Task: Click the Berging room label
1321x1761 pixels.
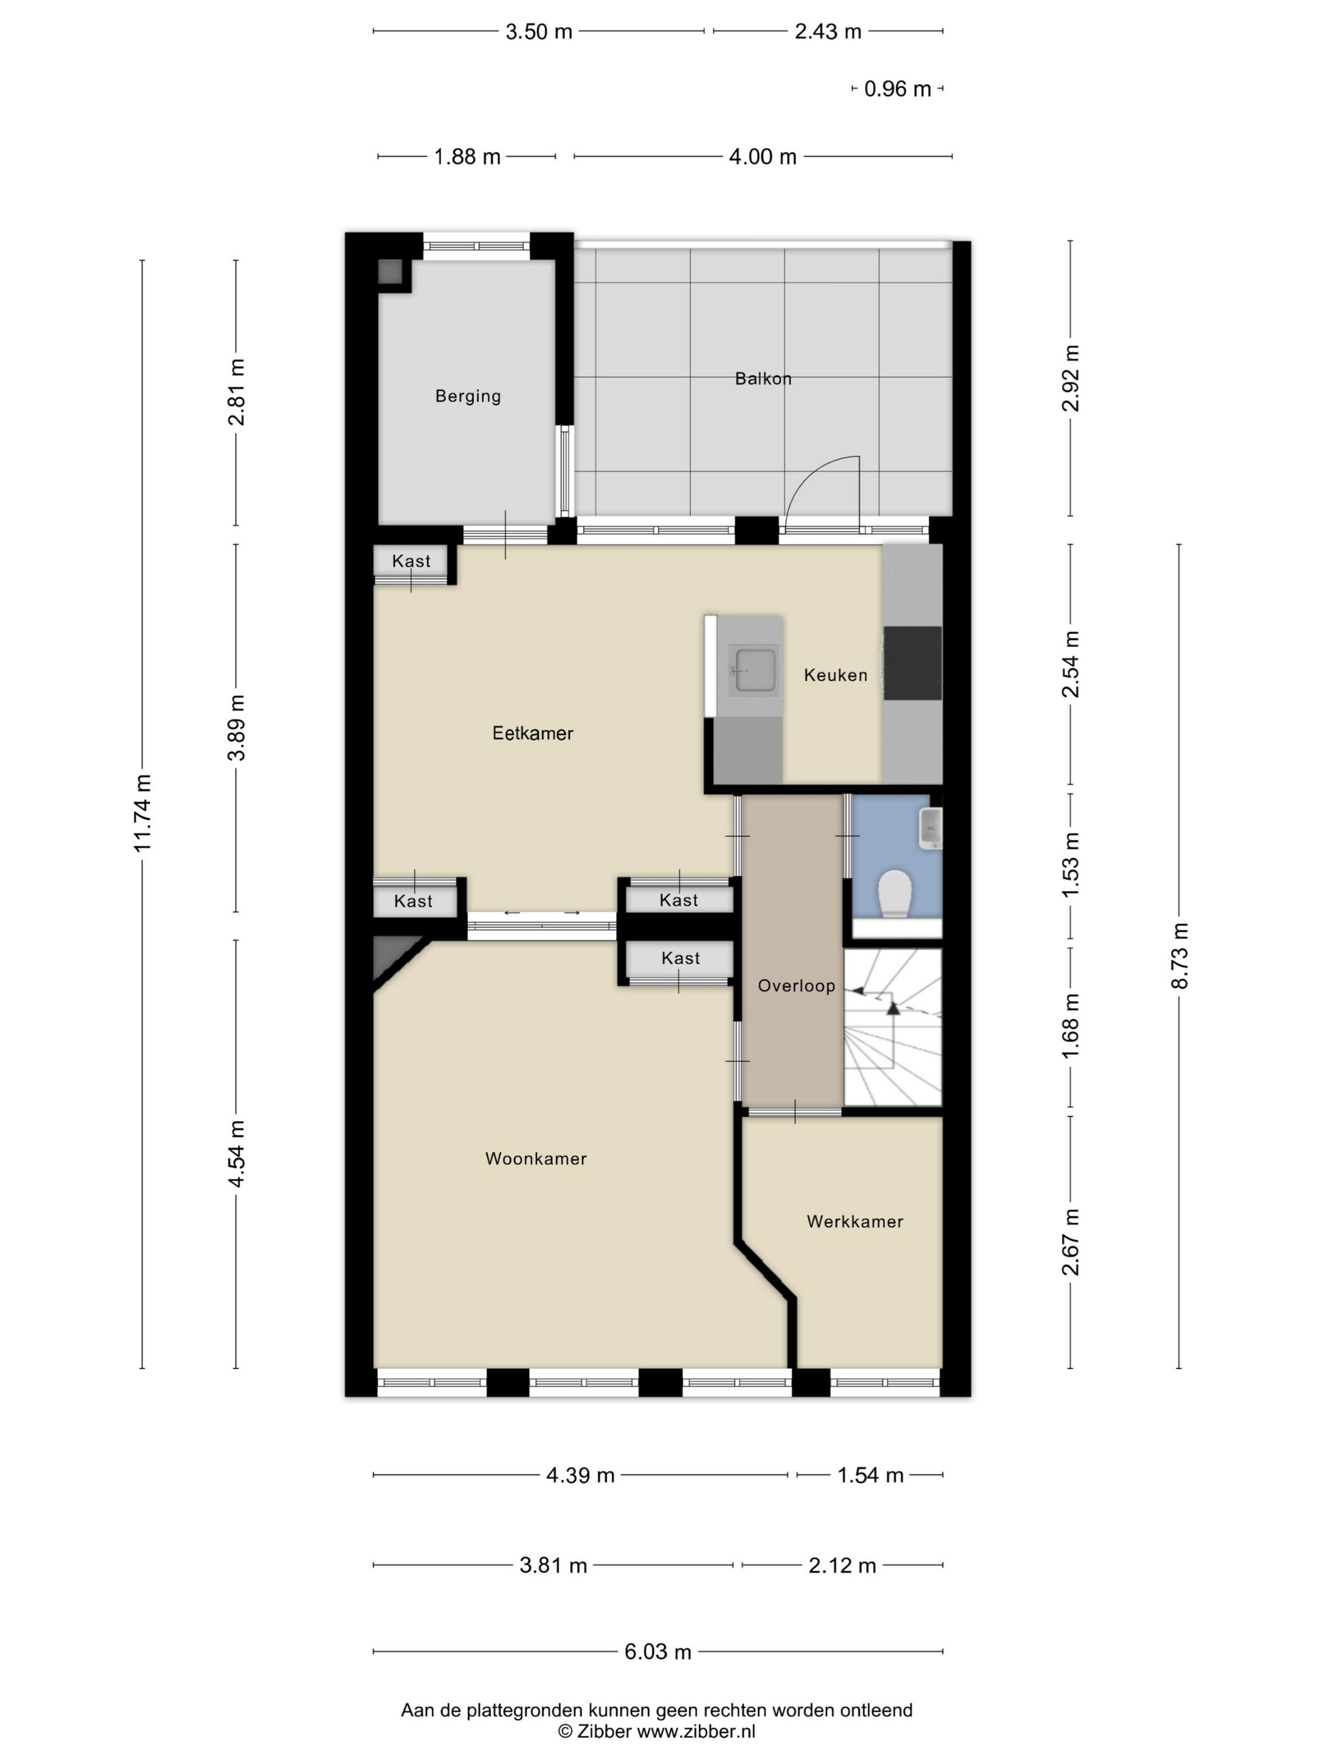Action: point(467,396)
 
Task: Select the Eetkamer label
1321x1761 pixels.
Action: point(532,733)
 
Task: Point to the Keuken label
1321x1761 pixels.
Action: point(835,675)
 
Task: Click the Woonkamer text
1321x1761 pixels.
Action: point(536,1158)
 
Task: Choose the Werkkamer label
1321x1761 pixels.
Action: point(854,1221)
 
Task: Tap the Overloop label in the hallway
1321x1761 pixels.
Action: point(796,986)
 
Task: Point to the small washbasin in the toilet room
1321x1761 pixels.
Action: point(930,829)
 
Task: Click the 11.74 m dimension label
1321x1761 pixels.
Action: point(143,813)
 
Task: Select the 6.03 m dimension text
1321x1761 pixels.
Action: point(658,1652)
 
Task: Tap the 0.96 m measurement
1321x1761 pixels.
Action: point(898,89)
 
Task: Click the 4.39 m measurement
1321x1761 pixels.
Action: point(581,1475)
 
